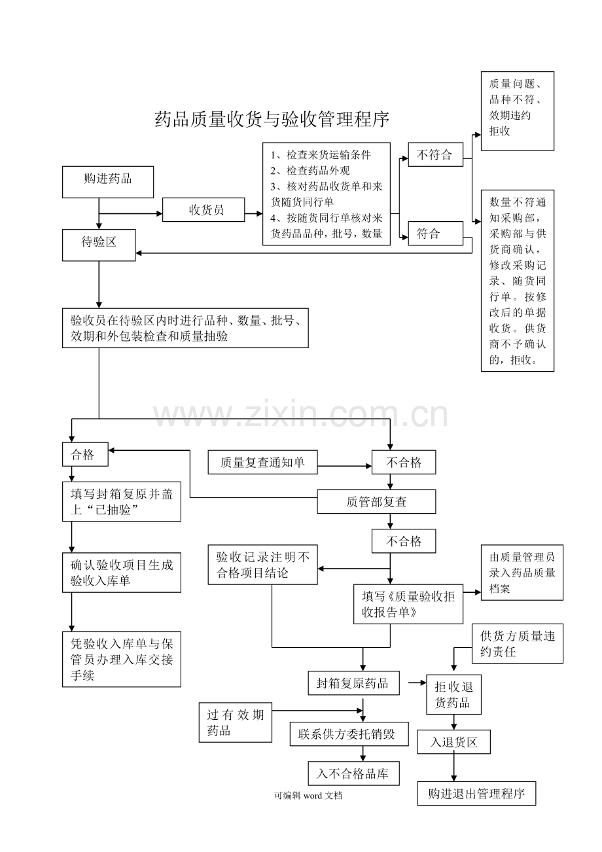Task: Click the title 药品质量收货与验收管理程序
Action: pyautogui.click(x=272, y=119)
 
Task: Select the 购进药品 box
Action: pyautogui.click(x=108, y=182)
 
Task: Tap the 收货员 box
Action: pyautogui.click(x=204, y=209)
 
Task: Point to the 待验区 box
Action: pyautogui.click(x=99, y=245)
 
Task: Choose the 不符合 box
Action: pyautogui.click(x=435, y=154)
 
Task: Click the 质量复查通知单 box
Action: pyautogui.click(x=262, y=462)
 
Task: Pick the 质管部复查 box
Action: pyautogui.click(x=376, y=502)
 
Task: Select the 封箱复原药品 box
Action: pyautogui.click(x=353, y=683)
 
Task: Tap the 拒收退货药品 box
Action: pyautogui.click(x=453, y=694)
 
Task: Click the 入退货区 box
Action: pyautogui.click(x=453, y=742)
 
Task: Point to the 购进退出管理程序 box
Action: pyautogui.click(x=476, y=793)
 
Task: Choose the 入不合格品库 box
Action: pyautogui.click(x=353, y=773)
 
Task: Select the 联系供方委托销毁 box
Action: pyautogui.click(x=349, y=734)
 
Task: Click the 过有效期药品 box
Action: pyautogui.click(x=236, y=722)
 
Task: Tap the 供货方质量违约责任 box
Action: pyautogui.click(x=518, y=643)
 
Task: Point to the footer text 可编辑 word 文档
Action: pyautogui.click(x=308, y=795)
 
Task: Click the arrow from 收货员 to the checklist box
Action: pyautogui.click(x=254, y=214)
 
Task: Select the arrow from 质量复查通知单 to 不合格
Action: pyautogui.click(x=345, y=466)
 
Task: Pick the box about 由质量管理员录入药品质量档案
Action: pyautogui.click(x=522, y=573)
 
